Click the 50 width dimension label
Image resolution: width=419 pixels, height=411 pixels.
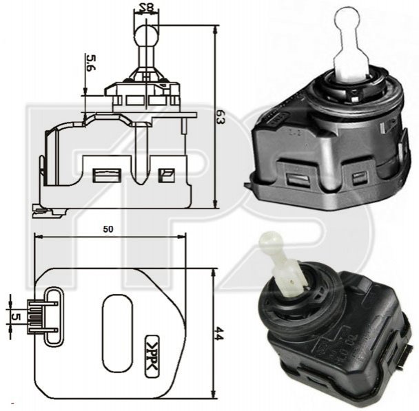(x=108, y=229)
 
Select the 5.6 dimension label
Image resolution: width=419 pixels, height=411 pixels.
(x=91, y=63)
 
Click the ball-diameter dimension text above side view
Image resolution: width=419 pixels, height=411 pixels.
(x=147, y=8)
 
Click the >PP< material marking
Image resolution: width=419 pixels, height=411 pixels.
(x=152, y=356)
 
